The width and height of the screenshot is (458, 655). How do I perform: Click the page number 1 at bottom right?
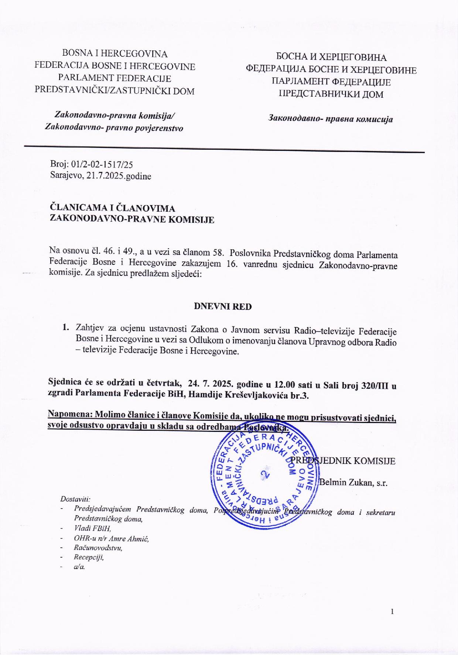click(392, 612)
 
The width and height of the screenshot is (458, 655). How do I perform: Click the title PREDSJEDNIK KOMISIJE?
click(343, 461)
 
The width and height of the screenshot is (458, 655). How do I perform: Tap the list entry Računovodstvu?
click(98, 548)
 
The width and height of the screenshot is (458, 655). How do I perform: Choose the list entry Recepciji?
click(89, 557)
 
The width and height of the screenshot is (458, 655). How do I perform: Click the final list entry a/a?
click(79, 567)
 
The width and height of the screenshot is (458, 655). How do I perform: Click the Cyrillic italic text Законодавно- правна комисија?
click(330, 119)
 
